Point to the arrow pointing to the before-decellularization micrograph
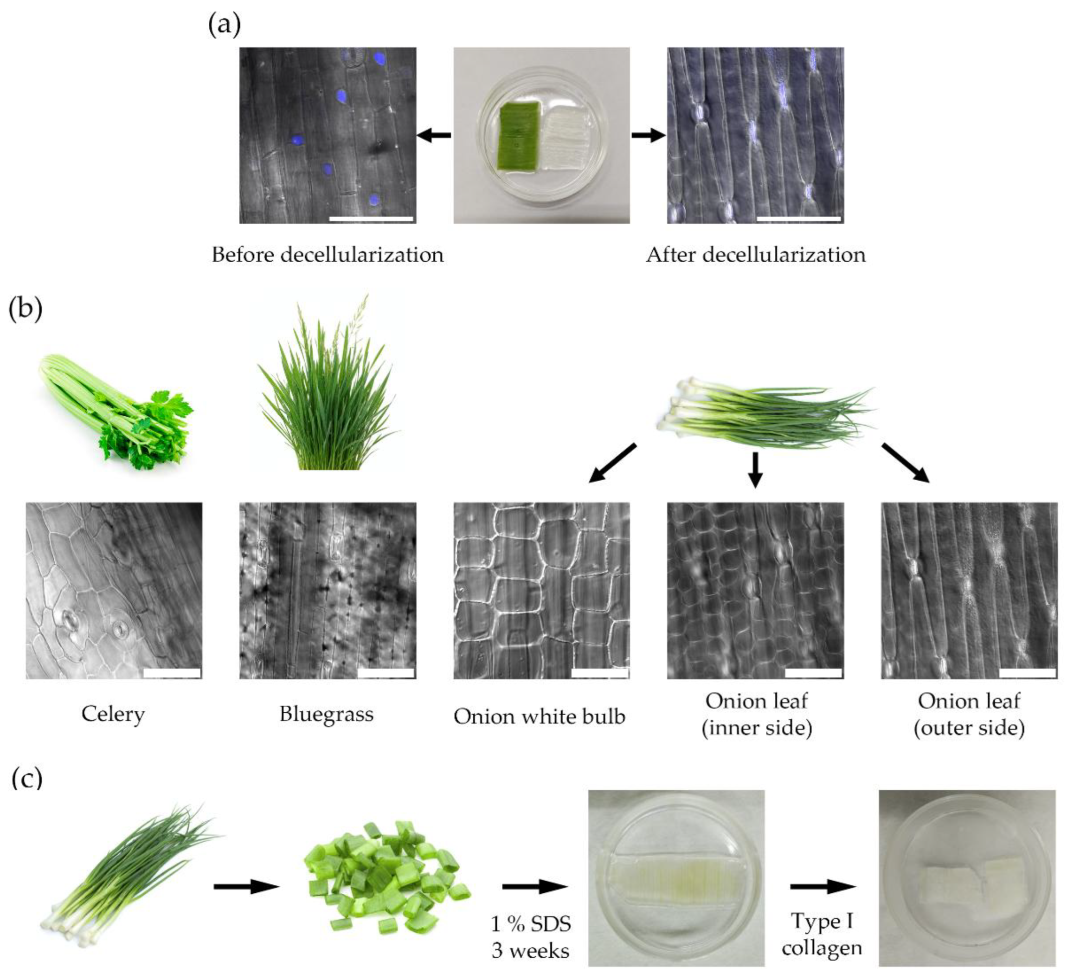pyautogui.click(x=434, y=135)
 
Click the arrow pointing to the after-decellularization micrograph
pyautogui.click(x=648, y=135)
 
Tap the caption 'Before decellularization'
pyautogui.click(x=328, y=255)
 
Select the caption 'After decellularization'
pyautogui.click(x=756, y=255)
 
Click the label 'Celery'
pyautogui.click(x=113, y=715)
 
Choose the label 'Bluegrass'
pyautogui.click(x=327, y=715)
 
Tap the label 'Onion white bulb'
pyautogui.click(x=540, y=717)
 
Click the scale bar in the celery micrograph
pyautogui.click(x=172, y=673)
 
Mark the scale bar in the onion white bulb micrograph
pyautogui.click(x=600, y=673)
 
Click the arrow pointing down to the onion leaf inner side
pyautogui.click(x=756, y=469)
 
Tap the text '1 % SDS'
pyautogui.click(x=531, y=924)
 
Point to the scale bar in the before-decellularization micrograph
pyautogui.click(x=371, y=218)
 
